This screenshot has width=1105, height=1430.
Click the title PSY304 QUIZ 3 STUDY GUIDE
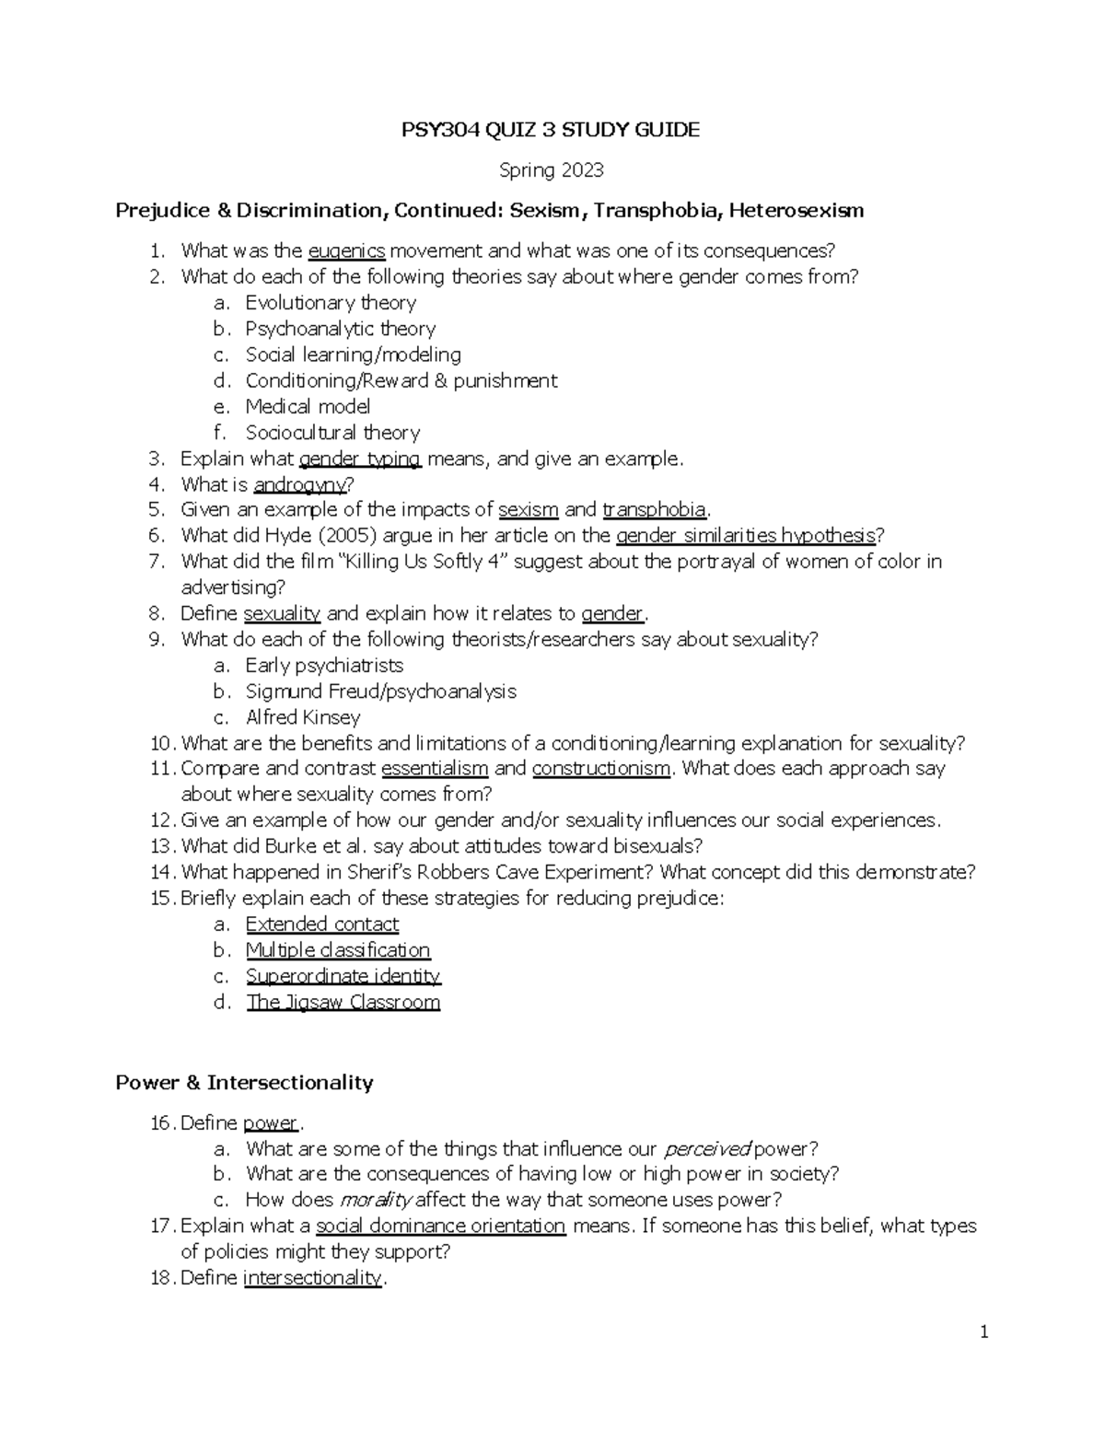pos(551,130)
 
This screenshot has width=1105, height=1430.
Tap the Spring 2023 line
pos(551,170)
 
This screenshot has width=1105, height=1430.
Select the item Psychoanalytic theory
pos(340,329)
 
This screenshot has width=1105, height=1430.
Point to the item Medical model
pos(308,406)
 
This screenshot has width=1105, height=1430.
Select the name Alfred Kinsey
pos(303,717)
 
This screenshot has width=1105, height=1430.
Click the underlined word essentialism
pos(434,769)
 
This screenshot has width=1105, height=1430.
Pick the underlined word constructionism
pos(600,769)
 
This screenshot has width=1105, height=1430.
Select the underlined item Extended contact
pos(321,924)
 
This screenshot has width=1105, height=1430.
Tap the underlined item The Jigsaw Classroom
pos(343,1002)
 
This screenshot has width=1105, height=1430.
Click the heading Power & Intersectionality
pos(244,1082)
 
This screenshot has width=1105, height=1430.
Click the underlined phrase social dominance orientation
pos(440,1226)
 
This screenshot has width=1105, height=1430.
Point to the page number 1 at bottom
pos(983,1331)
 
